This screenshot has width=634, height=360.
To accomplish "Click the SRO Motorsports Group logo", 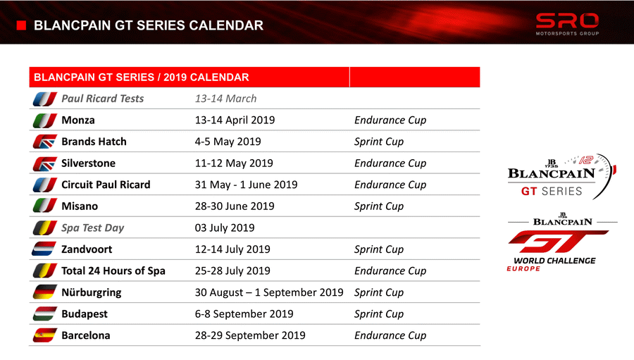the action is click(x=567, y=24).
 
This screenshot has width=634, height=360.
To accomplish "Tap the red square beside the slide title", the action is click(x=21, y=25).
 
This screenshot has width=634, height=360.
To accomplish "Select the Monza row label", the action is click(x=78, y=120).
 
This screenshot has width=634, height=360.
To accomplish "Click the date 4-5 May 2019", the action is click(x=228, y=142).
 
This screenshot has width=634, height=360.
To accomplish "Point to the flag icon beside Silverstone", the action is click(x=44, y=163).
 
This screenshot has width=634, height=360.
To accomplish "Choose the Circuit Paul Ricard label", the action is click(x=106, y=185).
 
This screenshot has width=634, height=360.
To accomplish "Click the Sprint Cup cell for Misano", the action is click(x=379, y=206).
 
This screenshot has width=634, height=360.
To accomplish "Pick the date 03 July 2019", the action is click(x=225, y=228).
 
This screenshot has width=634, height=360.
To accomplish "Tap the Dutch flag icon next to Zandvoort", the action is click(x=44, y=249).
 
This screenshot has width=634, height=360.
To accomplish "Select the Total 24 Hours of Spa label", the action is click(x=113, y=271).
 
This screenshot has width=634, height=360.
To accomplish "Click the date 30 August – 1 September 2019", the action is click(x=269, y=292).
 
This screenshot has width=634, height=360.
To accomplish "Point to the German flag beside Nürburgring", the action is click(x=44, y=292).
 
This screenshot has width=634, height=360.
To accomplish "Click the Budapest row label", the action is click(x=85, y=314).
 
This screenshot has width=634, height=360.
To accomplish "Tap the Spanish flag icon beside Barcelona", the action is click(x=44, y=335).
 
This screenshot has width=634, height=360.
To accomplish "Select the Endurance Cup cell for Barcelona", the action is click(x=390, y=335).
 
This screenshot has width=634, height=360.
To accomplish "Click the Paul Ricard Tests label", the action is click(x=102, y=99).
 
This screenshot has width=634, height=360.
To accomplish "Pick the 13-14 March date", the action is click(x=225, y=99).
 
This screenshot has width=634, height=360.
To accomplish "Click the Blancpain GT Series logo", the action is click(x=561, y=177).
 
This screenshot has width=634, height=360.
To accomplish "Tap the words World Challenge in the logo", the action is click(x=554, y=261).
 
